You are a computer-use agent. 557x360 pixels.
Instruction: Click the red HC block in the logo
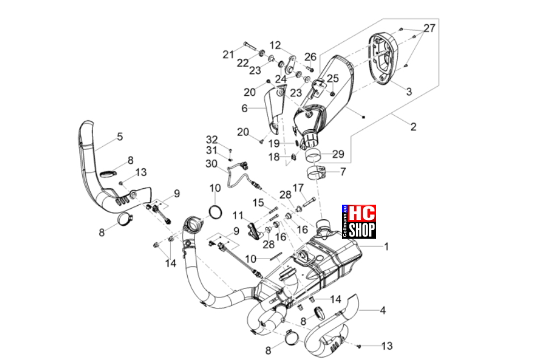pos(362,213)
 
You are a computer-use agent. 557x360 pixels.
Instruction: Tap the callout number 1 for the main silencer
pos(386,247)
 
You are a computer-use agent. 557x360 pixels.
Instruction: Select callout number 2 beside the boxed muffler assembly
pos(413,127)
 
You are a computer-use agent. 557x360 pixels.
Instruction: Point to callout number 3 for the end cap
pos(409,92)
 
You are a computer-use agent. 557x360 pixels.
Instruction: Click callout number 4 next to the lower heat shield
pos(382,310)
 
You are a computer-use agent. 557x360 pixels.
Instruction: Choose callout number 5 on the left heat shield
pos(120,137)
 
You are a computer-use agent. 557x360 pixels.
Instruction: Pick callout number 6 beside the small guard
pos(244,108)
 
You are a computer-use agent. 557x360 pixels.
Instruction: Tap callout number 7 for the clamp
pos(343,172)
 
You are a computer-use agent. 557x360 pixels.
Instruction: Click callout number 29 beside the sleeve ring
pos(338,154)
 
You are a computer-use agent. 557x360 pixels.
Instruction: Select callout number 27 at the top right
pos(429,28)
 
